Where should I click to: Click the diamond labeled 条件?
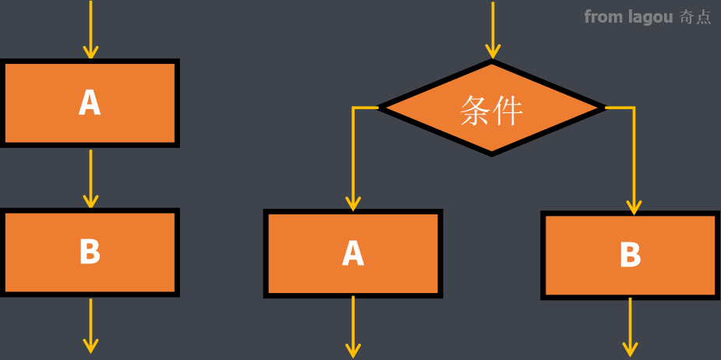click(x=491, y=108)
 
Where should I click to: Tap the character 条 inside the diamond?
click(x=475, y=111)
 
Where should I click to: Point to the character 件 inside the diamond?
click(x=507, y=111)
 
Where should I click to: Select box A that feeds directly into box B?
click(x=90, y=103)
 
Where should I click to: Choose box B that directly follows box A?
click(x=90, y=252)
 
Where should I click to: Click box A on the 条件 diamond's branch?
click(x=353, y=253)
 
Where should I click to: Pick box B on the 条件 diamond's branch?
click(x=630, y=255)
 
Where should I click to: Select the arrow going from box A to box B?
click(x=90, y=178)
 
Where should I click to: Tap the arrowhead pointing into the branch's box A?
click(x=353, y=203)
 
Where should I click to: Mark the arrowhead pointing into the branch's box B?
click(x=634, y=206)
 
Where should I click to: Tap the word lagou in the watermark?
click(x=650, y=16)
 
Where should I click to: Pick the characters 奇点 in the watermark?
click(x=695, y=16)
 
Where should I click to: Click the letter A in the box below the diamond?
click(x=353, y=253)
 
